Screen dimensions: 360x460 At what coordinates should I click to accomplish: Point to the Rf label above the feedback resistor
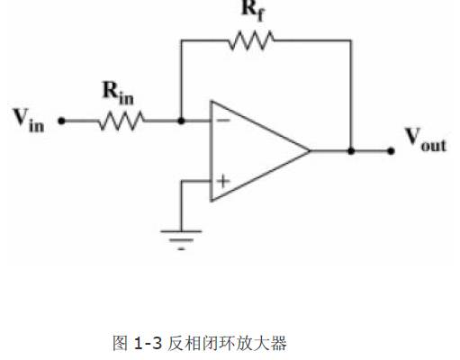point(252,11)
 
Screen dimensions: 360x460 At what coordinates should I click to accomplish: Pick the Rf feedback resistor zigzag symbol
point(252,40)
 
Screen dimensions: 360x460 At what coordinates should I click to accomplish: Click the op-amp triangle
point(252,150)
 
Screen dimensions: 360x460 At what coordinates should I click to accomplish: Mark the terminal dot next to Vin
point(61,120)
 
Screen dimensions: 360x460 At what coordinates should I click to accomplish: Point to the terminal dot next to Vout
point(390,150)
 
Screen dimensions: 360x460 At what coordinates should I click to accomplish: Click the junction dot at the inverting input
point(180,120)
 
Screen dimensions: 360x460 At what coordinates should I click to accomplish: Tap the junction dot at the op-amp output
point(350,150)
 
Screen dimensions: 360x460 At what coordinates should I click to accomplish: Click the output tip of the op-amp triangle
point(310,150)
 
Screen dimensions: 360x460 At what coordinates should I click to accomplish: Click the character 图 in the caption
point(121,343)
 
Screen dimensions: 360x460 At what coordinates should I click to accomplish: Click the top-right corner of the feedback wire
point(350,40)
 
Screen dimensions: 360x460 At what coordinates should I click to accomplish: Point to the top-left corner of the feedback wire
point(180,40)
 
